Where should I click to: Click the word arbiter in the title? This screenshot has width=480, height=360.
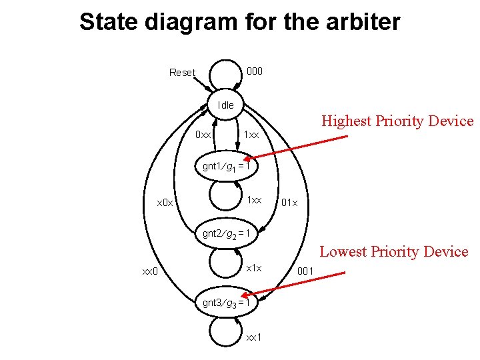point(360,22)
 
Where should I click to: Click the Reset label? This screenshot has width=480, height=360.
point(182,73)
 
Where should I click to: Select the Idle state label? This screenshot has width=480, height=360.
point(226,105)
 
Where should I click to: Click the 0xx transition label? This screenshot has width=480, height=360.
point(203,135)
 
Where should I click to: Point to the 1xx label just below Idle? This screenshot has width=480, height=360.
point(254,135)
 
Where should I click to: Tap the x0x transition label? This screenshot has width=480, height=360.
point(165,202)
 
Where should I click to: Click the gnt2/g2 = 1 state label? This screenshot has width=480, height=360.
point(226,233)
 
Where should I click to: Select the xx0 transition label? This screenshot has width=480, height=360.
point(149,271)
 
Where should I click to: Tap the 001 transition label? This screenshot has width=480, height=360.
point(305,271)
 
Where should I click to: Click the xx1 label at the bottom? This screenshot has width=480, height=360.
point(254,337)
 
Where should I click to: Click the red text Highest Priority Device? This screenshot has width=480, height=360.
point(397,121)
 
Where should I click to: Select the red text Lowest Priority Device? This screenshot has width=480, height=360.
point(394,252)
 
